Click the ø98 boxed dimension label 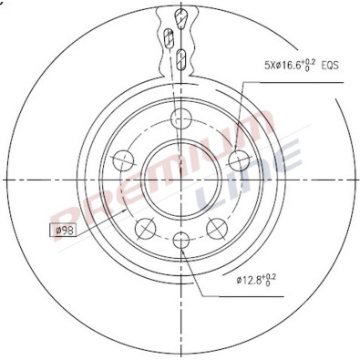coord(66,230)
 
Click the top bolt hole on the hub coord(180,116)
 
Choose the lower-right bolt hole coord(216,227)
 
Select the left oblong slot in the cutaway coord(170,38)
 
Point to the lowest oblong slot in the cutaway coord(181,61)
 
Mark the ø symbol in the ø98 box coord(58,230)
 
